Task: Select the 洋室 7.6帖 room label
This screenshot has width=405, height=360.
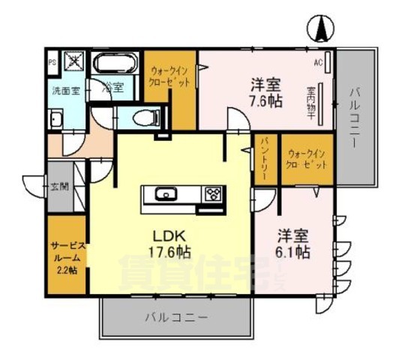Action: tap(265, 91)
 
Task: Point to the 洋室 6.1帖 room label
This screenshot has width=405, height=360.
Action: tap(292, 243)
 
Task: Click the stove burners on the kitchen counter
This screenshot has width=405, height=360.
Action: tap(212, 195)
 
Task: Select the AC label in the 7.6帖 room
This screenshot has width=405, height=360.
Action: tap(318, 62)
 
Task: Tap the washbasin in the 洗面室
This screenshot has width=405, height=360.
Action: tap(56, 120)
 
